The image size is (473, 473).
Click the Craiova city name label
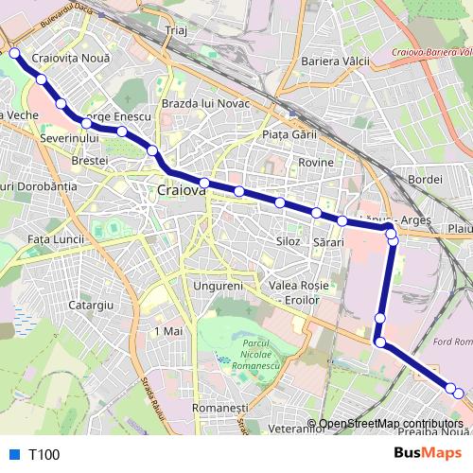(180, 190)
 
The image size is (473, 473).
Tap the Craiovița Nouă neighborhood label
(71, 59)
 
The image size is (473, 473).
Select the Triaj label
(177, 30)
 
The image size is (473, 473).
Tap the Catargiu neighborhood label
(92, 306)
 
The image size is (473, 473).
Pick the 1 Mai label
(166, 332)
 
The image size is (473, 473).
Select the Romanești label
(213, 406)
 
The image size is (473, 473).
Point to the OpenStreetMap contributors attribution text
(390, 425)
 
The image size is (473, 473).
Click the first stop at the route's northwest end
(15, 53)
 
